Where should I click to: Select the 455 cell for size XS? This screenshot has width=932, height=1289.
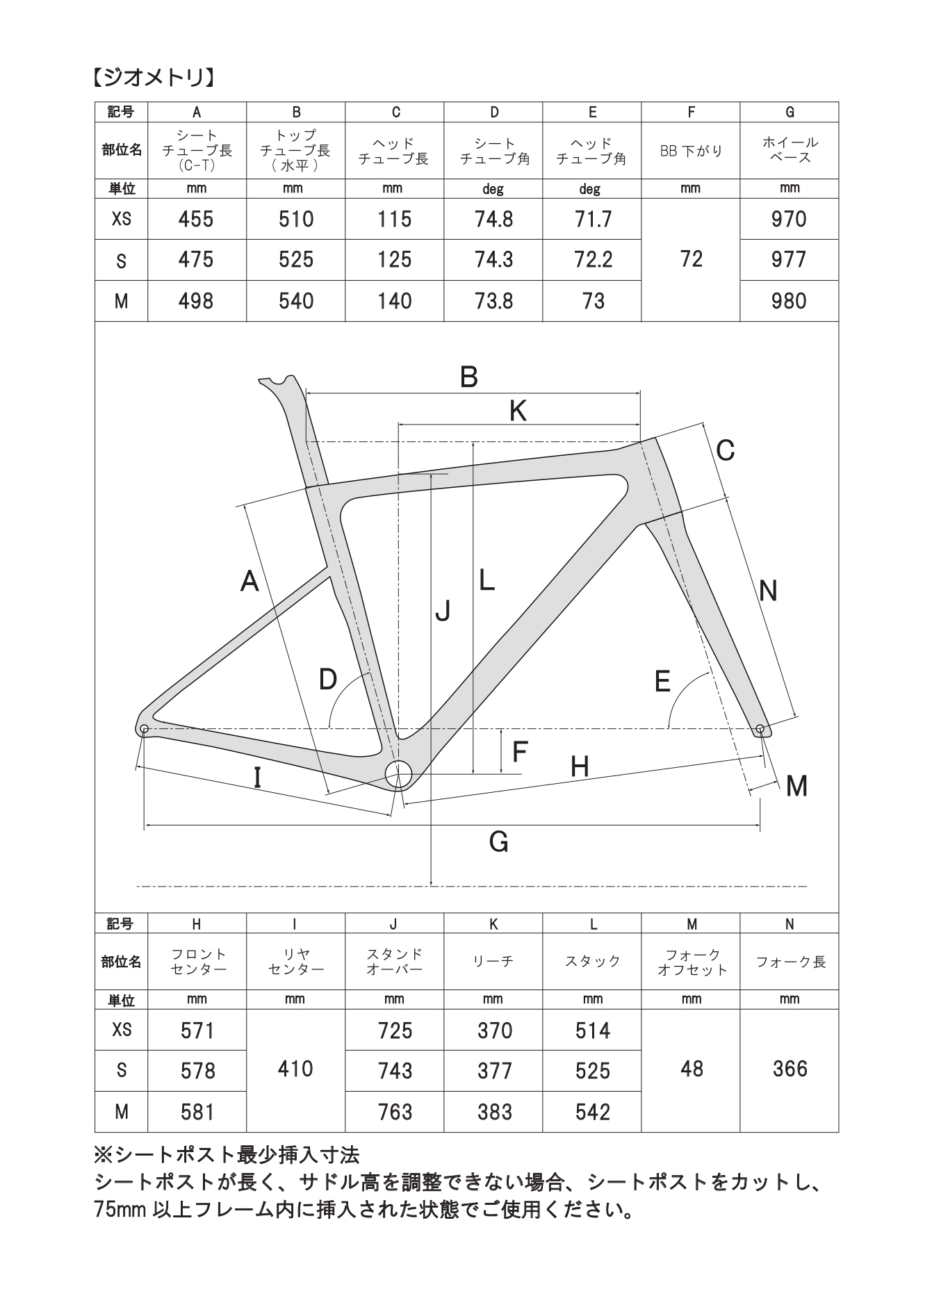[196, 220]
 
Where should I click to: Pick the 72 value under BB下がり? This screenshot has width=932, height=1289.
[691, 259]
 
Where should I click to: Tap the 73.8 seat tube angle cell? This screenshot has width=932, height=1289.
[493, 301]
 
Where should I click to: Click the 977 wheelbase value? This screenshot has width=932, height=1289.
[789, 260]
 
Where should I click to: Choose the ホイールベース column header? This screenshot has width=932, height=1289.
[790, 150]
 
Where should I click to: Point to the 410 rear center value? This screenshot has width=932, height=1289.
[295, 1069]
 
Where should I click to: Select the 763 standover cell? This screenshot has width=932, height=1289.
[395, 1112]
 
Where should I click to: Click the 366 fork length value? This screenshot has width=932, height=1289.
[790, 1069]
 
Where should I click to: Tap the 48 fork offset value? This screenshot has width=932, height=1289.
[692, 1069]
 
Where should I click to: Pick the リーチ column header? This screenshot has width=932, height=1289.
[493, 961]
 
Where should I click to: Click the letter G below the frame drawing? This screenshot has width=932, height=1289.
[499, 842]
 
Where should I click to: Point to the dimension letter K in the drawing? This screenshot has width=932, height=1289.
[518, 411]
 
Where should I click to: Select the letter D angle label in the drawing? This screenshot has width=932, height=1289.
[327, 680]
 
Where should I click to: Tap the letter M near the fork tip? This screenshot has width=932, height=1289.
[796, 787]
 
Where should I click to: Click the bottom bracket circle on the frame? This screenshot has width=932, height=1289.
[399, 773]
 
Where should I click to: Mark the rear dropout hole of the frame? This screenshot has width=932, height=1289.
[144, 728]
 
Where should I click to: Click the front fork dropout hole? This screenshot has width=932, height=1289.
[760, 728]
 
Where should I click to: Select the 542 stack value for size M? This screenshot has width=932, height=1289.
[592, 1112]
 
